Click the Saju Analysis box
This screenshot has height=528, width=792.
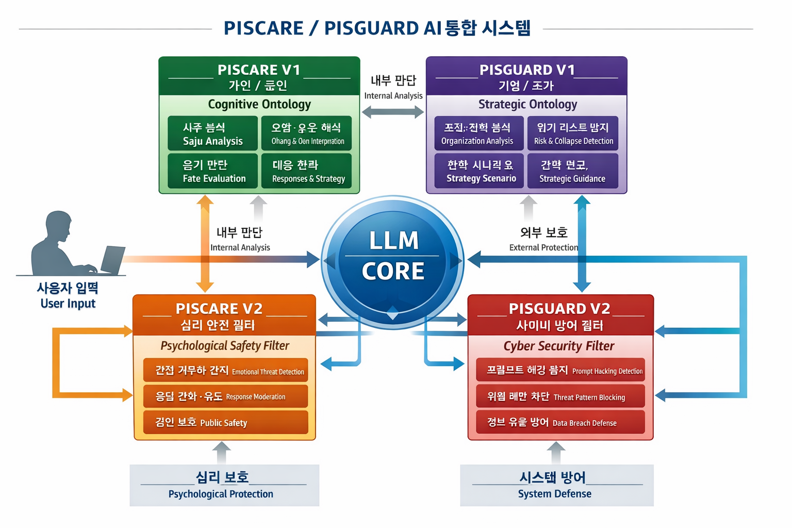[212, 134]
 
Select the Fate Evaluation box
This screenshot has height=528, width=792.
[212, 171]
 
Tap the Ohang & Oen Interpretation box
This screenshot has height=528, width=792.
[306, 134]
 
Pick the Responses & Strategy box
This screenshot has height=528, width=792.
[306, 171]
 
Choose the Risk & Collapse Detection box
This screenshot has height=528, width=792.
[572, 134]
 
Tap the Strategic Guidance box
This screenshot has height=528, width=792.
[572, 171]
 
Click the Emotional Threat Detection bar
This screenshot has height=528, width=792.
[225, 370]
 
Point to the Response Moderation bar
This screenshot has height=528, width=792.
[225, 396]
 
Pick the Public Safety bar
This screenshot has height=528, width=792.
[225, 422]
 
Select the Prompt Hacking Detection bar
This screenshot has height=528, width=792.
[560, 370]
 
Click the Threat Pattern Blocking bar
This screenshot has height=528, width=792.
[560, 396]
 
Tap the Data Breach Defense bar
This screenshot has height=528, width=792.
[560, 422]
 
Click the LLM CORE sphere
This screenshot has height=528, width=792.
[393, 256]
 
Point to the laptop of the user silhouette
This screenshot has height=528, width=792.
[113, 259]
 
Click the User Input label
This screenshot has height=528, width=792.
[68, 303]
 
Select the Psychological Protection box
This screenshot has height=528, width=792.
[224, 485]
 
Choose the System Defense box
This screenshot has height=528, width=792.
[556, 485]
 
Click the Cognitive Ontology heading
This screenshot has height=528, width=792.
[259, 104]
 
